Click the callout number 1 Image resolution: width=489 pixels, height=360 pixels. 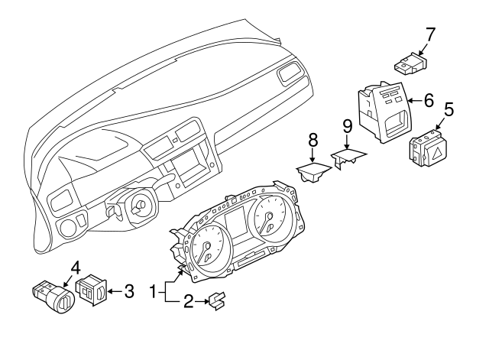coord(153,291)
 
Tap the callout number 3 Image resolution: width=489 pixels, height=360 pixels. coord(129,290)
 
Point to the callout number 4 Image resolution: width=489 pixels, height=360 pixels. coord(76,268)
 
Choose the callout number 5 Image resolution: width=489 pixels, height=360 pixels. coord(449,109)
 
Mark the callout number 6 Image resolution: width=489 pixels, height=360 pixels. coord(429,100)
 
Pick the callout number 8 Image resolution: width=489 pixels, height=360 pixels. coord(312,141)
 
